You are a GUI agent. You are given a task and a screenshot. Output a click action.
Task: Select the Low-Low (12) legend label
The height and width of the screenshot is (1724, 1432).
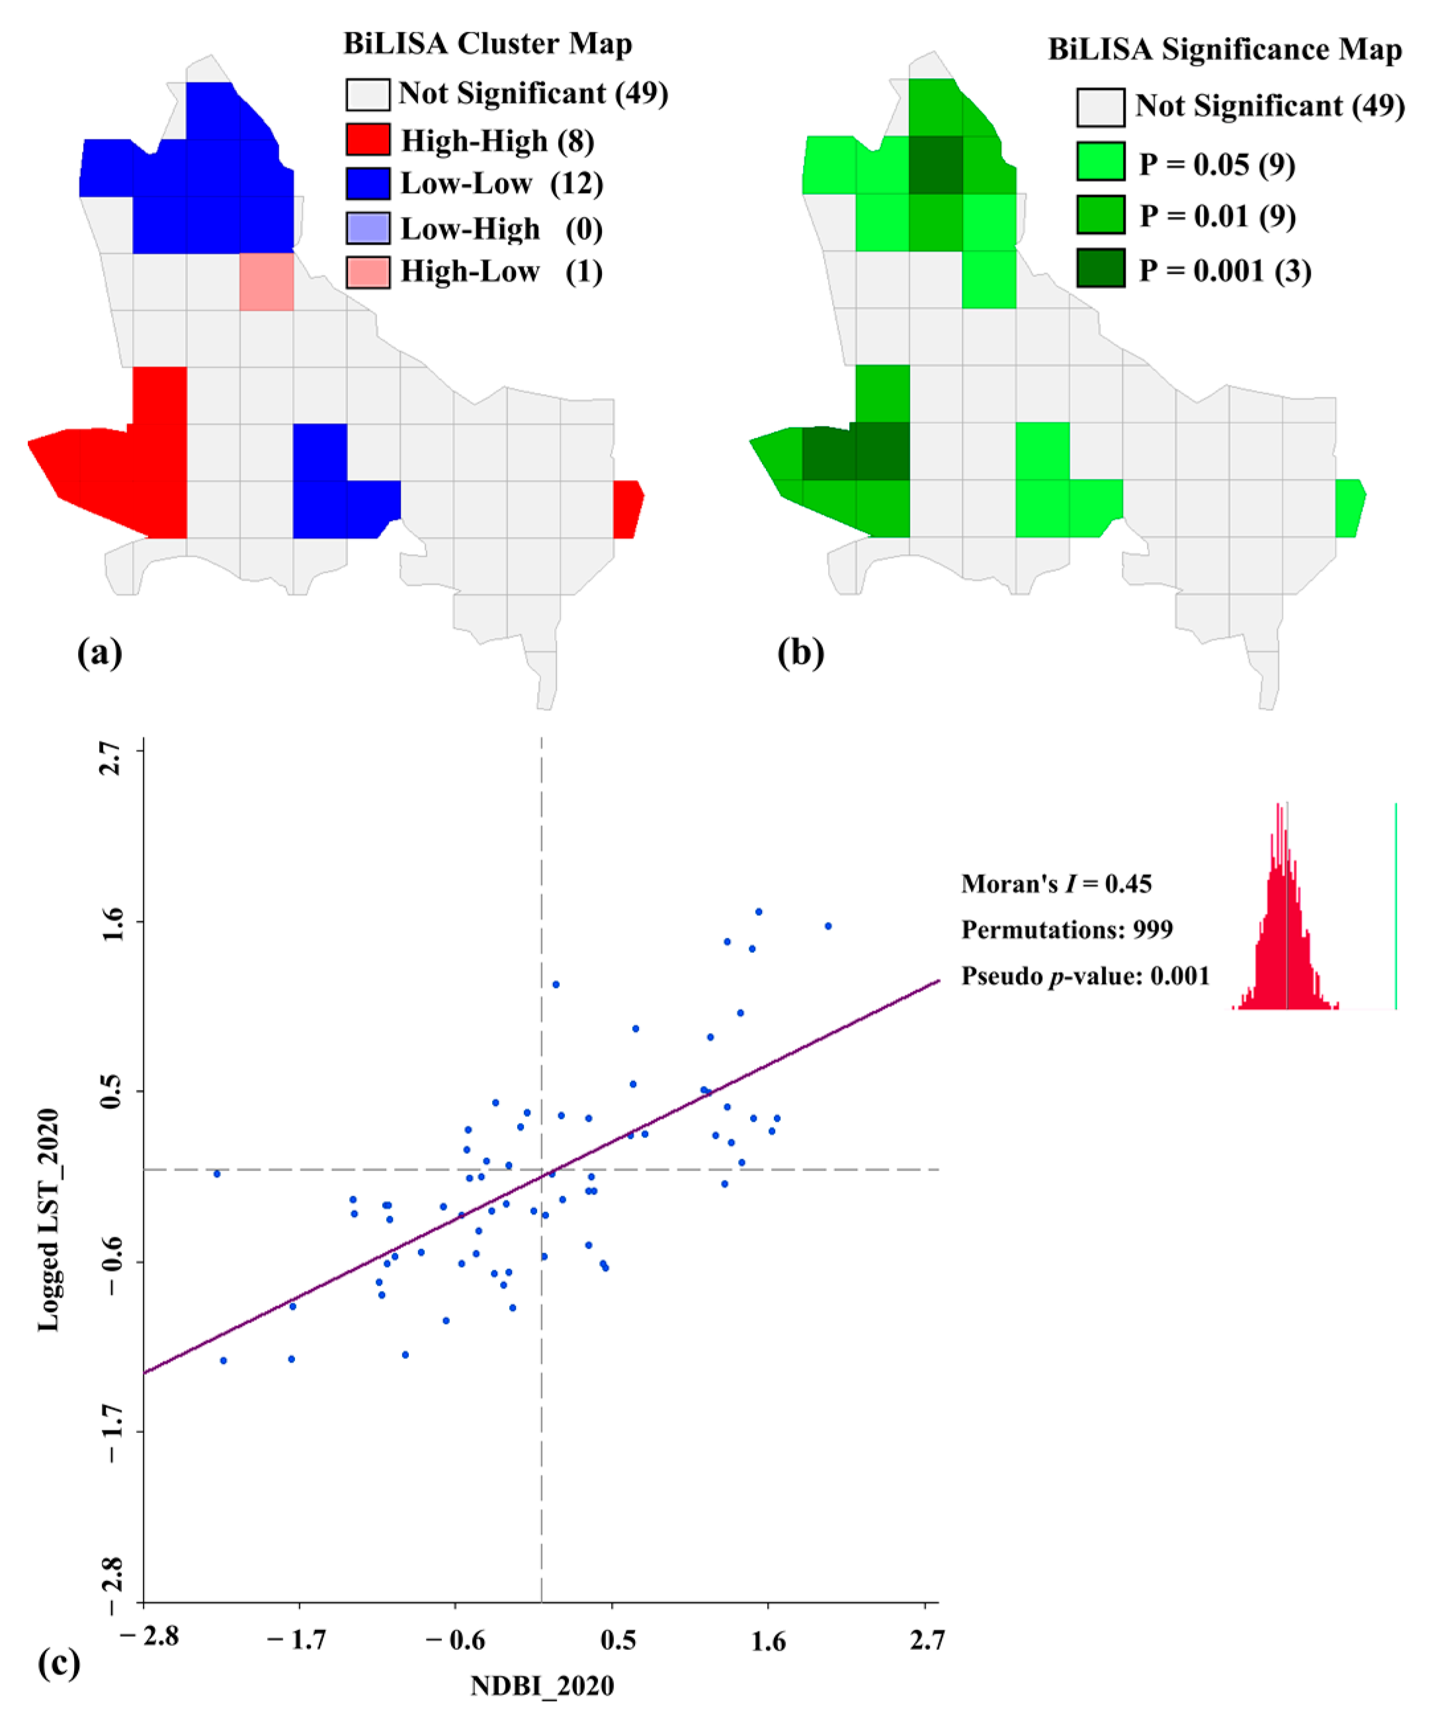501,183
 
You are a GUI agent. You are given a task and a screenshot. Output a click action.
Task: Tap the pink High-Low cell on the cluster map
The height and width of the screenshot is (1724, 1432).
266,282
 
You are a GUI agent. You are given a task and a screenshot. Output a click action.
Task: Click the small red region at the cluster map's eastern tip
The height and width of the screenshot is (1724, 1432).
626,509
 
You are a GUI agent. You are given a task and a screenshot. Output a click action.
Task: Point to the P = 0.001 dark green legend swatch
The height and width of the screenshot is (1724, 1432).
1100,269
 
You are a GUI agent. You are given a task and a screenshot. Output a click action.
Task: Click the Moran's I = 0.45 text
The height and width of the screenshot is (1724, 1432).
1056,883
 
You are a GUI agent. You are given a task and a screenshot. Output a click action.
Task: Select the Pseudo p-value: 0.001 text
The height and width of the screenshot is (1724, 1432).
1085,975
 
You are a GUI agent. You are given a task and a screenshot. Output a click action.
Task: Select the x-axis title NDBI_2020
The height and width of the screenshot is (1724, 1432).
542,1686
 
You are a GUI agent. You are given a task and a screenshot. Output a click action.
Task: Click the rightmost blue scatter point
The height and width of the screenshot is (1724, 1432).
827,926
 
